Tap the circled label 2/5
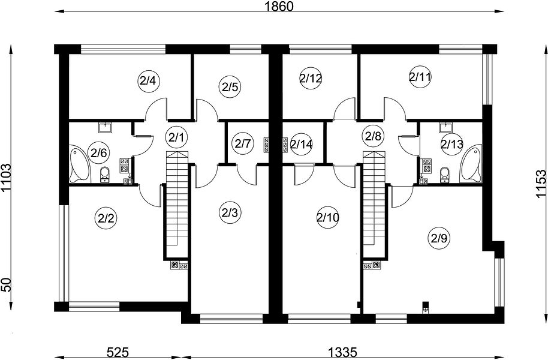point(230,86)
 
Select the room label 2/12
point(311,78)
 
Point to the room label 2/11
point(420,77)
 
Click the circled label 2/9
point(439,238)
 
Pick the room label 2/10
point(327,218)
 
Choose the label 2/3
point(230,212)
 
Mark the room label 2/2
point(106,218)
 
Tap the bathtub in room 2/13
point(471,163)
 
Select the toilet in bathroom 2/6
point(104,175)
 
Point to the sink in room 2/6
point(105,127)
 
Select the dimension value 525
point(118,352)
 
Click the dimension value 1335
point(342,352)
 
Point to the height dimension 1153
point(540,184)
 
